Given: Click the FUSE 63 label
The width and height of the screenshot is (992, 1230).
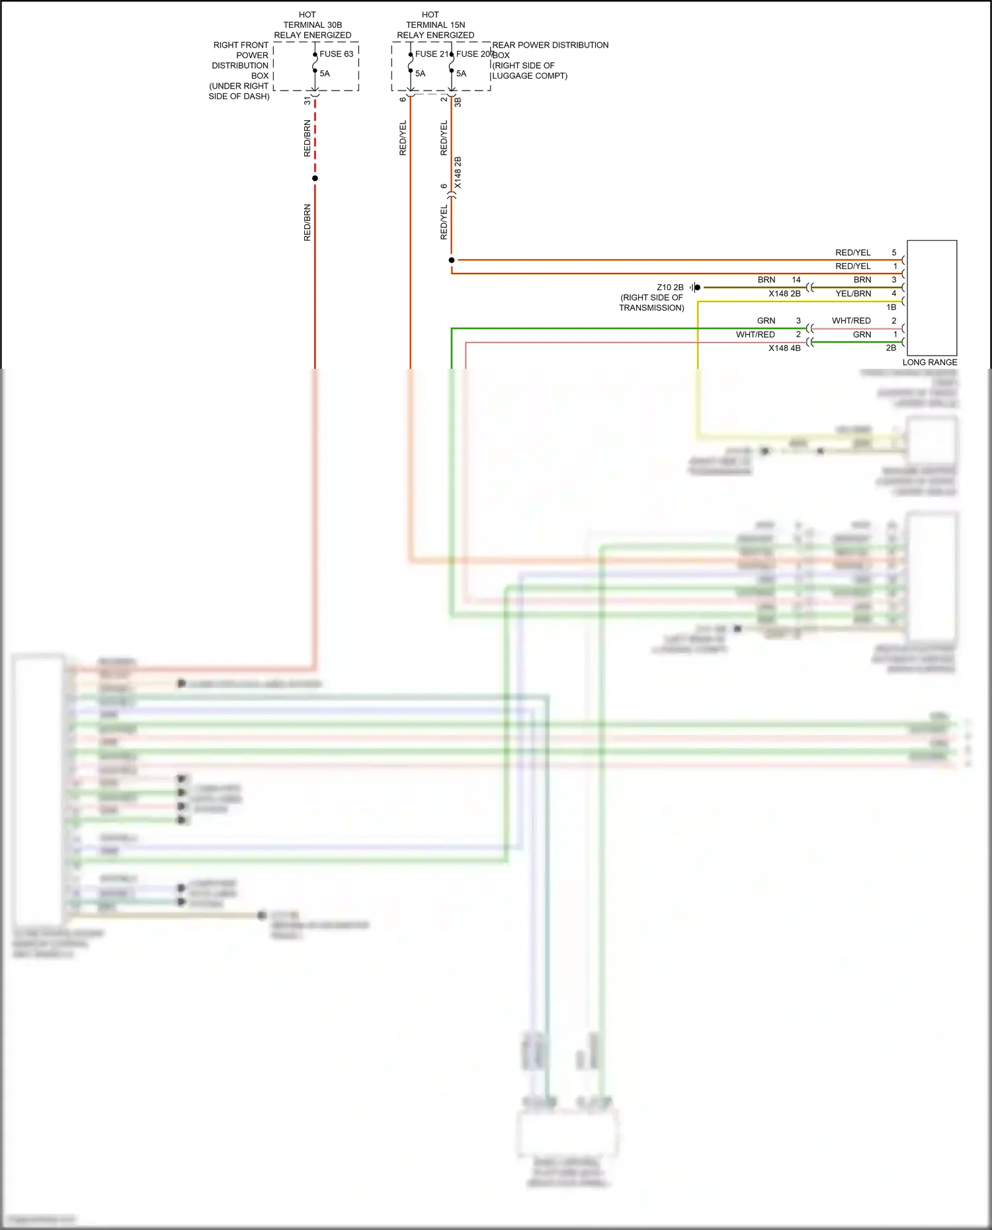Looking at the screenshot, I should pyautogui.click(x=336, y=54).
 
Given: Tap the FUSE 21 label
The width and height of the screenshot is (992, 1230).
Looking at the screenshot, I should pyautogui.click(x=431, y=54).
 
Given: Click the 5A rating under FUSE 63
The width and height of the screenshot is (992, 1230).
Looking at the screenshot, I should pyautogui.click(x=325, y=73).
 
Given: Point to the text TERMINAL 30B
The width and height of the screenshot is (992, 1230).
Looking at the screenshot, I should pyautogui.click(x=313, y=25).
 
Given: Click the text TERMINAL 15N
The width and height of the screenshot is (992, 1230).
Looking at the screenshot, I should pyautogui.click(x=435, y=25).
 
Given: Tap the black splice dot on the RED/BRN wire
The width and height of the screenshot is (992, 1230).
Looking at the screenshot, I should pyautogui.click(x=315, y=178).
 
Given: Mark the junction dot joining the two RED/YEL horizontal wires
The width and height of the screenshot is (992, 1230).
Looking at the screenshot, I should pyautogui.click(x=452, y=260).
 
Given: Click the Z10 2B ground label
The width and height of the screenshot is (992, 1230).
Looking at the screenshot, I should pyautogui.click(x=670, y=288).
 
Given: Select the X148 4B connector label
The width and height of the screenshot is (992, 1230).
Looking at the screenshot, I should pyautogui.click(x=784, y=348).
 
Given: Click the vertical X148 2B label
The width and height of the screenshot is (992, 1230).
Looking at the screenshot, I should pyautogui.click(x=458, y=173).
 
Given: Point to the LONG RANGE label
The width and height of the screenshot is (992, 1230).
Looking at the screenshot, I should pyautogui.click(x=929, y=362).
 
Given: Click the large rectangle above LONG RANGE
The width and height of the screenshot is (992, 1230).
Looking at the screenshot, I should pyautogui.click(x=932, y=298).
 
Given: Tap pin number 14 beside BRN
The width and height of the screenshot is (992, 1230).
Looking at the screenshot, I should pyautogui.click(x=796, y=280).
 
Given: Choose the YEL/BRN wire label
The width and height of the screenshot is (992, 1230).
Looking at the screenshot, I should pyautogui.click(x=853, y=294).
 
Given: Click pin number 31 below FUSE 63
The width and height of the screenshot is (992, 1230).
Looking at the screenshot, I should pyautogui.click(x=308, y=101).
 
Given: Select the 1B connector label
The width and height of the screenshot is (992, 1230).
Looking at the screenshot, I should pyautogui.click(x=891, y=307).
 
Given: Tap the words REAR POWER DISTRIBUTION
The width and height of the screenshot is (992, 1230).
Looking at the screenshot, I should pyautogui.click(x=550, y=45).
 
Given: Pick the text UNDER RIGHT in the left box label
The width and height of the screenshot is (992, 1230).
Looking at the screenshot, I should pyautogui.click(x=240, y=86).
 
